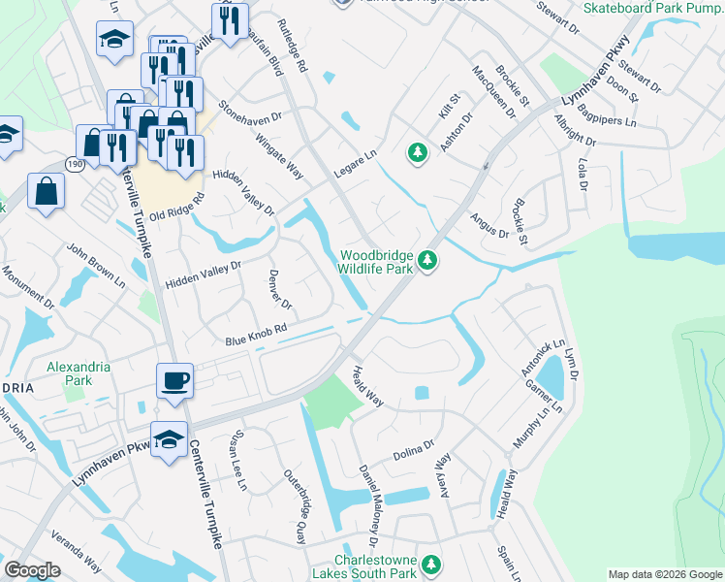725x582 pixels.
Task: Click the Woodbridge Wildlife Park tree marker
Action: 426,260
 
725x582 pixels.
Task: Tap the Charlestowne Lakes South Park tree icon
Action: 432,564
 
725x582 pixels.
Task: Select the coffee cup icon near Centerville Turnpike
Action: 174,379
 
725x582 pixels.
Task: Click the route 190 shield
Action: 74,165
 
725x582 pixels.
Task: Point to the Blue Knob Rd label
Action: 257,336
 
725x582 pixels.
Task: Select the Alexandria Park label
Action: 79,373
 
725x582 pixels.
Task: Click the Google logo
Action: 32,570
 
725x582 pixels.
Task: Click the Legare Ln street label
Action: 356,161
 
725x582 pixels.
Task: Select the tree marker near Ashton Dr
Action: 418,152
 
